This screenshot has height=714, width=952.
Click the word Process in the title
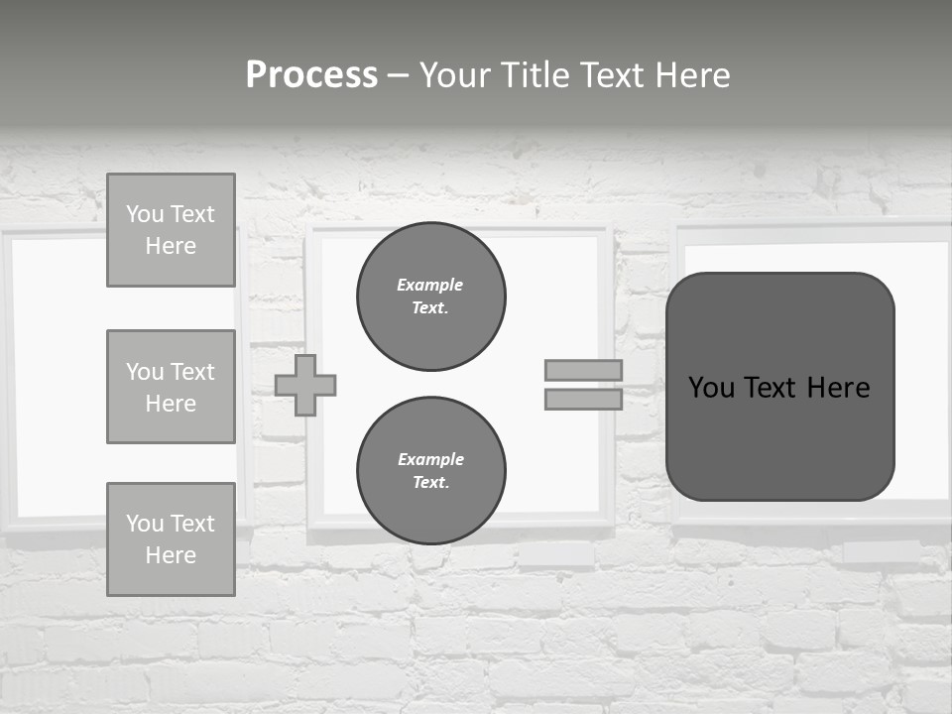pyautogui.click(x=311, y=75)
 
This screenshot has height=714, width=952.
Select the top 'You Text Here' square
pyautogui.click(x=171, y=230)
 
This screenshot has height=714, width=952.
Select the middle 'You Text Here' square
pyautogui.click(x=171, y=387)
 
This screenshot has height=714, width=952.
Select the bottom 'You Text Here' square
pyautogui.click(x=171, y=538)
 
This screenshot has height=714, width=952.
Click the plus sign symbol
pyautogui.click(x=305, y=385)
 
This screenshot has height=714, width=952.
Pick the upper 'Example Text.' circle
pyautogui.click(x=431, y=297)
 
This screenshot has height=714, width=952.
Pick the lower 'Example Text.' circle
pyautogui.click(x=431, y=471)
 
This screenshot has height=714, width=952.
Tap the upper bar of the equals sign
pyautogui.click(x=583, y=370)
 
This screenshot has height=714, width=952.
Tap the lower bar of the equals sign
pyautogui.click(x=583, y=399)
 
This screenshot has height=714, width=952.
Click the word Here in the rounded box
pyautogui.click(x=838, y=388)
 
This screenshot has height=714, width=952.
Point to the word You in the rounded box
pyautogui.click(x=711, y=388)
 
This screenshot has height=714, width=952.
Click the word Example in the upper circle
pyautogui.click(x=430, y=285)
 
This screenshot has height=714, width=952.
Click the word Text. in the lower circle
pyautogui.click(x=430, y=483)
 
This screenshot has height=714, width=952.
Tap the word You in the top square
pyautogui.click(x=145, y=214)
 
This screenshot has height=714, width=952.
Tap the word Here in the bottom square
pyautogui.click(x=171, y=555)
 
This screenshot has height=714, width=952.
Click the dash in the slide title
pyautogui.click(x=399, y=76)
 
